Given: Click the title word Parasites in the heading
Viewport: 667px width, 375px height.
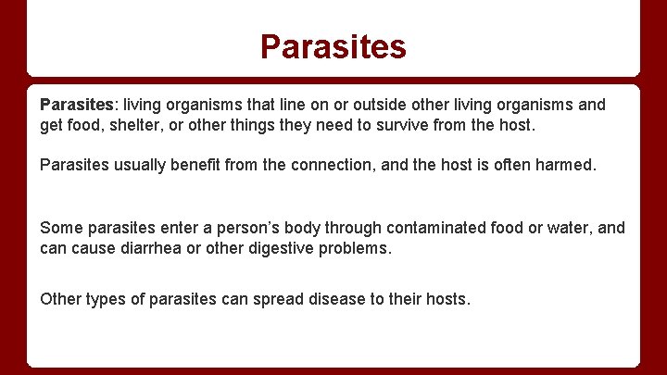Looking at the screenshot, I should [333, 46].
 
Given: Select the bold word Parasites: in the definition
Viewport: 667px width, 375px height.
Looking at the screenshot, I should [80, 105].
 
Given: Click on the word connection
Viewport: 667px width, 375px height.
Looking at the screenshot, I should [355, 166].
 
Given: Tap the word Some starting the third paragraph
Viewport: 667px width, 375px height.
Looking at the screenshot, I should [61, 228].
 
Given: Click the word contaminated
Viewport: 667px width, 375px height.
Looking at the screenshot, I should [439, 228].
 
